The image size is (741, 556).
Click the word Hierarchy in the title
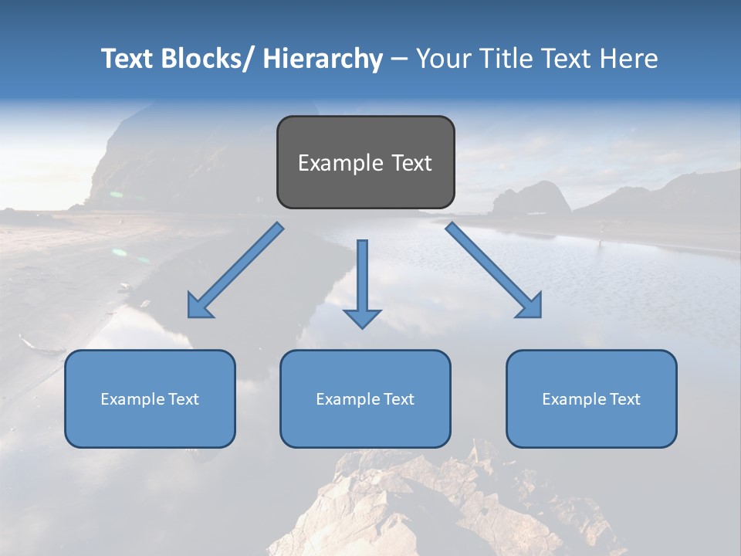322,59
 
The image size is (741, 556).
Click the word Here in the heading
629,59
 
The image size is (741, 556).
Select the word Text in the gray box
411,163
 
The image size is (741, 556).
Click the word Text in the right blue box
624,399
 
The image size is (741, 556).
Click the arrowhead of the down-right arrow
531,307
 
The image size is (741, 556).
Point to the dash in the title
399,59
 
